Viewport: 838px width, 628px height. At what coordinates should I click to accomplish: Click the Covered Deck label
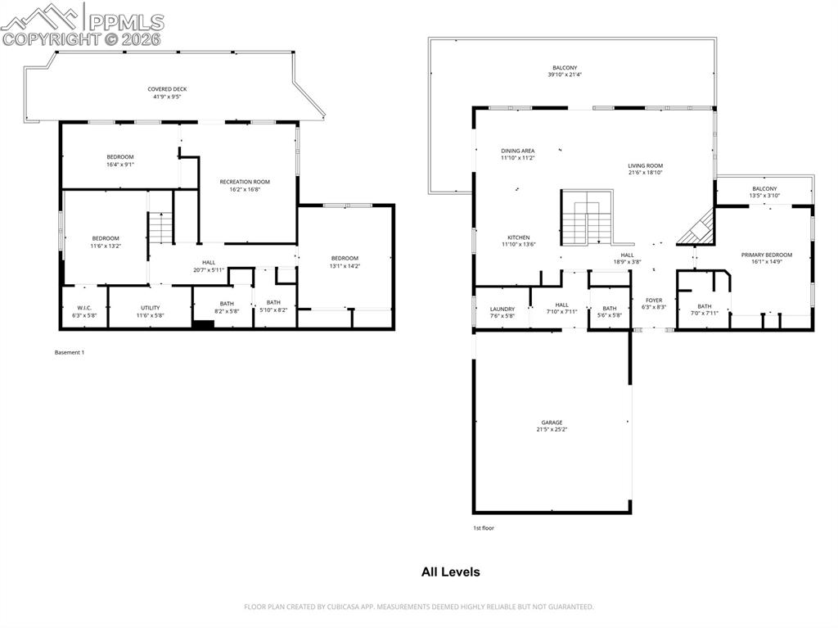tap(164, 93)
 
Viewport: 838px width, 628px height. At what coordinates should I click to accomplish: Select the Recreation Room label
tap(245, 185)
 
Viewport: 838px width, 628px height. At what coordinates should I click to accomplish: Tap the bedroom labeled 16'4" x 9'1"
tap(119, 160)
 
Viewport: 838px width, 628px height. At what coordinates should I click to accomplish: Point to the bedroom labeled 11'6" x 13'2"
tap(105, 242)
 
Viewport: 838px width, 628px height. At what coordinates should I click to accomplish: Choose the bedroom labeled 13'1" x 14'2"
tap(345, 262)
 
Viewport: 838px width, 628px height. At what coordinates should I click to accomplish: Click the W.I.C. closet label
tap(84, 311)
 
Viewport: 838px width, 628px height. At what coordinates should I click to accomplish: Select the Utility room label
tap(150, 311)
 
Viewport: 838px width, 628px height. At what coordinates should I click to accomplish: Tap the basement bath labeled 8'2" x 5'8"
tap(226, 307)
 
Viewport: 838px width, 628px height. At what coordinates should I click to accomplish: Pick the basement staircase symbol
tap(161, 228)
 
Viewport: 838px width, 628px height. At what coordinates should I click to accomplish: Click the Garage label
tap(552, 426)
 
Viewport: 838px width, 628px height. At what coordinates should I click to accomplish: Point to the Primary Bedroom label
tap(767, 258)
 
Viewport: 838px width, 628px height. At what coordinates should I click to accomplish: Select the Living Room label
tap(645, 169)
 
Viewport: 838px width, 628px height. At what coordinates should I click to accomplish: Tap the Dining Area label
tap(518, 154)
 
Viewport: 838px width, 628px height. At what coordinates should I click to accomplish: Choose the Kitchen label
tap(518, 241)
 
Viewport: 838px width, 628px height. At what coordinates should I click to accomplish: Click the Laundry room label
tap(502, 312)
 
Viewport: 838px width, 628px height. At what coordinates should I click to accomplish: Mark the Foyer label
tap(654, 304)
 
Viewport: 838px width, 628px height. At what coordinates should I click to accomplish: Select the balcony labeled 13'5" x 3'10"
tap(765, 192)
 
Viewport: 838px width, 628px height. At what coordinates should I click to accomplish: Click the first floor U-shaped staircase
tap(587, 217)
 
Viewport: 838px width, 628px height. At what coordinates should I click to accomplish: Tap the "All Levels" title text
tap(450, 572)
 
